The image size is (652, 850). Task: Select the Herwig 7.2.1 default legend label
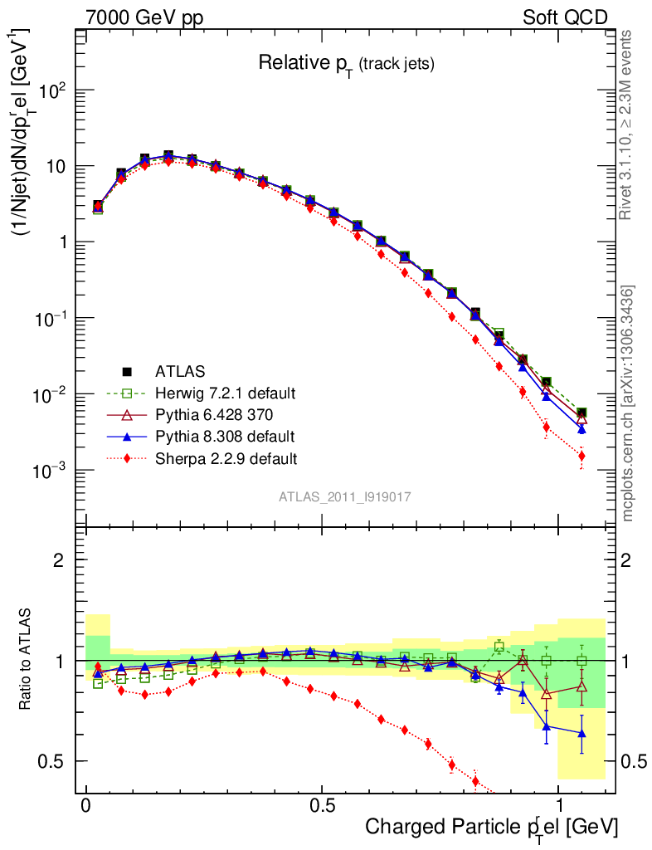[x=226, y=393]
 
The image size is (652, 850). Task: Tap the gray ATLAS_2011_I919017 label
[x=345, y=496]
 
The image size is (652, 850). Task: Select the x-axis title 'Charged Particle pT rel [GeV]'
[x=491, y=827]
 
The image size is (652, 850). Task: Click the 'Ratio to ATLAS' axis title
[x=27, y=660]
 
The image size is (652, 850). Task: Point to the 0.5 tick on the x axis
[x=322, y=806]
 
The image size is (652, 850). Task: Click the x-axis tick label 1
[x=558, y=806]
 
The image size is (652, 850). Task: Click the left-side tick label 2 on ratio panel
[x=58, y=560]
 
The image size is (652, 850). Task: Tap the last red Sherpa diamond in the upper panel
[x=581, y=456]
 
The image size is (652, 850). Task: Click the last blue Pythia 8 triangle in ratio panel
[x=581, y=733]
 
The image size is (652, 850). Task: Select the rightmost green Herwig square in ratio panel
[x=581, y=661]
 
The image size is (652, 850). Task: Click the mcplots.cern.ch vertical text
[x=628, y=403]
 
